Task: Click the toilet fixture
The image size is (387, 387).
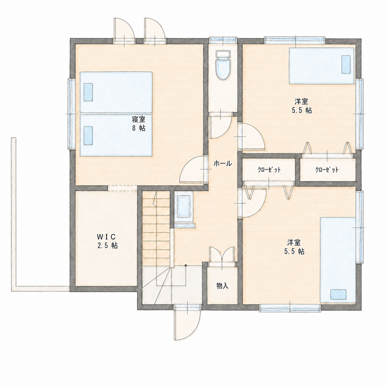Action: click(223, 65)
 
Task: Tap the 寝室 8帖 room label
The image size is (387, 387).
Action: click(139, 123)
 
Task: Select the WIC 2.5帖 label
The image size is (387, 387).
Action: click(107, 241)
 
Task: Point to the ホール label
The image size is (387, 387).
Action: click(223, 164)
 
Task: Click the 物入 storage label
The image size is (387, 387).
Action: click(223, 285)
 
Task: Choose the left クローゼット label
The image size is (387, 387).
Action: click(269, 170)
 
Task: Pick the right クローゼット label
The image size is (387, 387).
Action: click(327, 170)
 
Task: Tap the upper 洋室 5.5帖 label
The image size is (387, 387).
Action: click(302, 106)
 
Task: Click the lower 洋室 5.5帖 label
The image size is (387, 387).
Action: click(294, 247)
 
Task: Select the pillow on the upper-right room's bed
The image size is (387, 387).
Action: click(346, 64)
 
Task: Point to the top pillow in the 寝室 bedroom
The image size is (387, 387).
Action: click(88, 92)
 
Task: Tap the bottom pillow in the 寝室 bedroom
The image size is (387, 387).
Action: click(88, 135)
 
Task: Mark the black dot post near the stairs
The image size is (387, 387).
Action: click(186, 265)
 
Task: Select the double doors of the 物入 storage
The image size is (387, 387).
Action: click(222, 257)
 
